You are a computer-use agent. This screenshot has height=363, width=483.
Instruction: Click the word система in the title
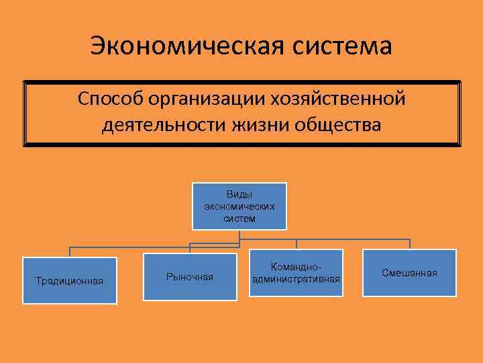click(x=341, y=46)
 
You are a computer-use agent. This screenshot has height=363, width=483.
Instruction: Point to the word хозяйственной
click(x=335, y=99)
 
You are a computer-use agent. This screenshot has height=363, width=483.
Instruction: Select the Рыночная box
click(x=190, y=277)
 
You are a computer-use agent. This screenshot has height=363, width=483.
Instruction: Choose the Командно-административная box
click(x=296, y=273)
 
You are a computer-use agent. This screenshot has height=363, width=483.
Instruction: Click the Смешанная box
click(x=409, y=273)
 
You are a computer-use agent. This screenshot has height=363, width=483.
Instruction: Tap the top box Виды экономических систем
click(x=239, y=206)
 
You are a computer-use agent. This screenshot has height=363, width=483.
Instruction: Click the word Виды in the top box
click(x=239, y=194)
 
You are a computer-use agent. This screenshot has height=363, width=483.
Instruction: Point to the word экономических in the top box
click(x=239, y=206)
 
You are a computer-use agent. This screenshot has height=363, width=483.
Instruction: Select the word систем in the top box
click(x=239, y=218)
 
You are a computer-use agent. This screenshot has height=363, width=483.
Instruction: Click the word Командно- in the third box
click(x=296, y=267)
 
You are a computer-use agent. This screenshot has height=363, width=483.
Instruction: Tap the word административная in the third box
click(x=296, y=279)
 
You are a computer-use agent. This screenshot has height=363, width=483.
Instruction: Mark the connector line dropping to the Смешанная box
click(x=409, y=244)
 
